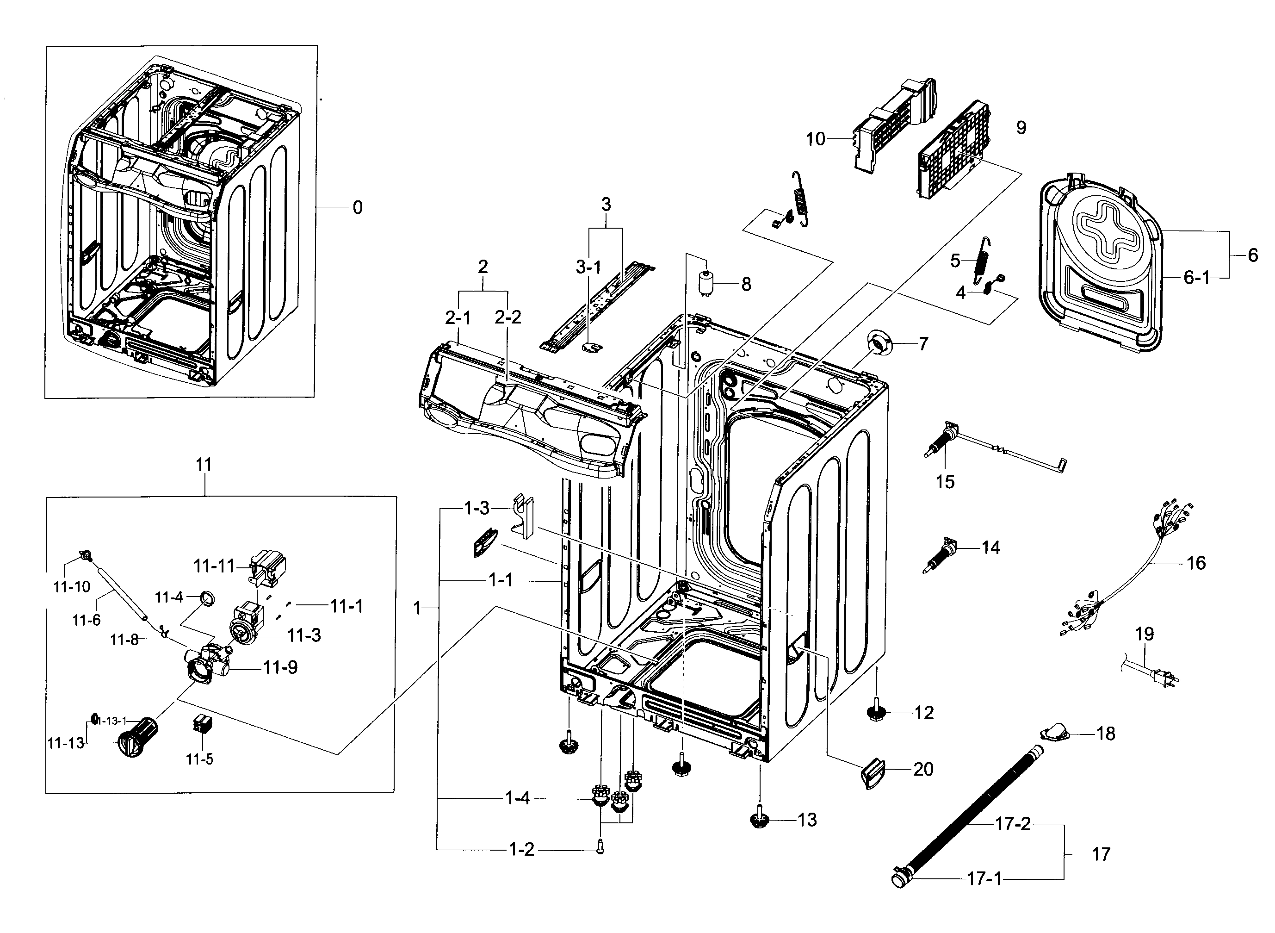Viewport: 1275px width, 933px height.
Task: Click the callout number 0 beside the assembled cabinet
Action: [x=357, y=208]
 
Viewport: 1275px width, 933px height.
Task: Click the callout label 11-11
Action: [x=213, y=566]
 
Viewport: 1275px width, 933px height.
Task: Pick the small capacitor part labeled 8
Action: [x=705, y=283]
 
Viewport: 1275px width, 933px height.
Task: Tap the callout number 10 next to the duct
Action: [x=815, y=139]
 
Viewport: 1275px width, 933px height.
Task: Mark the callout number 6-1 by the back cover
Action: [x=1196, y=278]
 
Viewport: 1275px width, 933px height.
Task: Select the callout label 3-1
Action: [x=588, y=267]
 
